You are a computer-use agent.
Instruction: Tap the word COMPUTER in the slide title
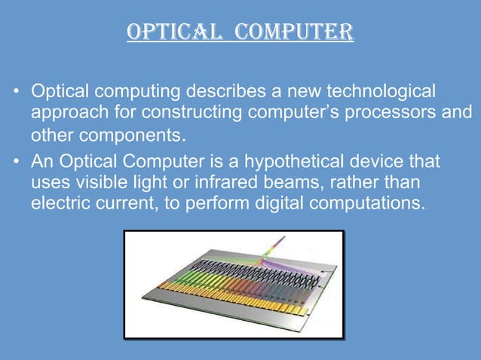293,33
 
